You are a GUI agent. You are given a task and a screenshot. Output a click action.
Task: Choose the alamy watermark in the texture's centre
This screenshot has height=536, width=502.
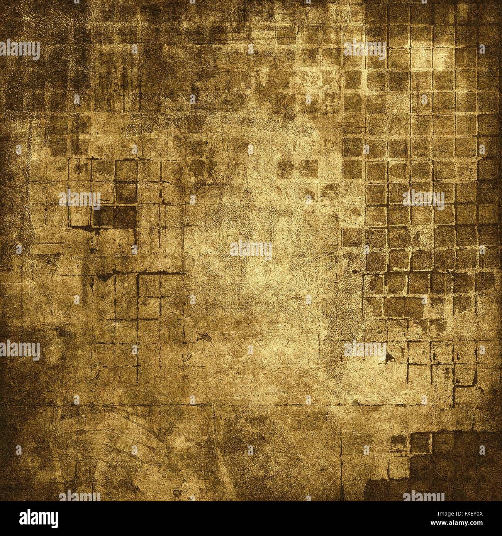tap(251, 249)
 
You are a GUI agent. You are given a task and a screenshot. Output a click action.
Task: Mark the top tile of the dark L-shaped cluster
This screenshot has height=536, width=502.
tap(126, 170)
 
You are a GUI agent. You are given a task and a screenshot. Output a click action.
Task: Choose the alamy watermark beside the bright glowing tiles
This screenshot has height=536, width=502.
tap(365, 49)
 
